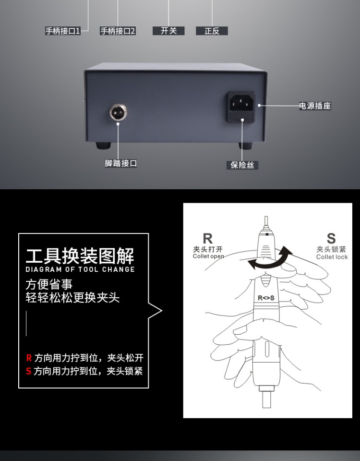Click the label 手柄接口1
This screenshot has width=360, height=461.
(63, 31)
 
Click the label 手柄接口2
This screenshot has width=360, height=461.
(118, 31)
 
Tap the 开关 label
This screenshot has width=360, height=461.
(168, 31)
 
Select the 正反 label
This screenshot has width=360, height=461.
(212, 31)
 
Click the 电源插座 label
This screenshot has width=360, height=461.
(315, 106)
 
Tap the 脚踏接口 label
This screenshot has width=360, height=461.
(121, 163)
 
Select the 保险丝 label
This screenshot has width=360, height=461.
(242, 165)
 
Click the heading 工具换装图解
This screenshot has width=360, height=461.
(80, 255)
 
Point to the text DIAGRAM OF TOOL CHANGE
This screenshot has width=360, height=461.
(80, 269)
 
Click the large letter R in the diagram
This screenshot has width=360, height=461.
(207, 239)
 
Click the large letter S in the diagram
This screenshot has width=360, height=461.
(331, 238)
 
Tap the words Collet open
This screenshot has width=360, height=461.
(208, 256)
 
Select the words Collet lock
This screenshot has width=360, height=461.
(332, 257)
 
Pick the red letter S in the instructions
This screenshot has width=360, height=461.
(29, 371)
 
